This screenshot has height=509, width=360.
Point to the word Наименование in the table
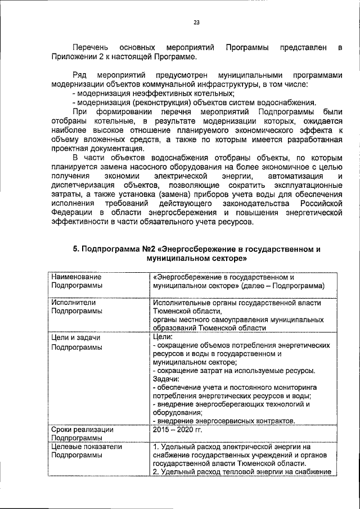tap(76, 277)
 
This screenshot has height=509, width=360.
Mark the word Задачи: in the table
tap(168, 379)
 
